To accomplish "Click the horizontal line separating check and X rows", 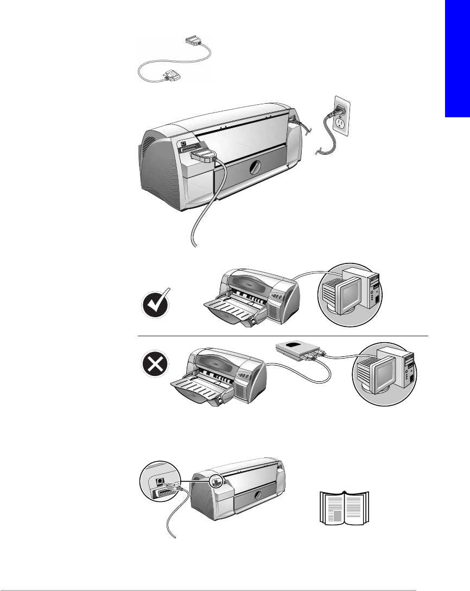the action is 282,336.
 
